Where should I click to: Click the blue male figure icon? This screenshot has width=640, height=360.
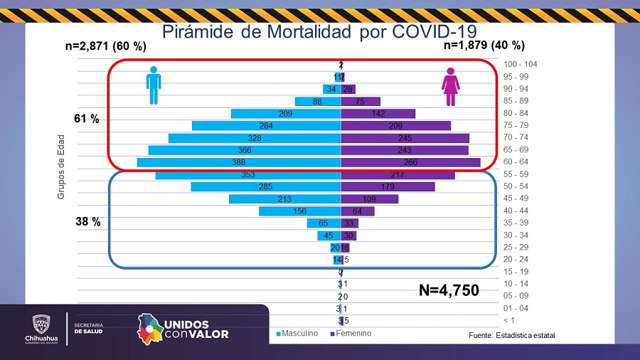154,86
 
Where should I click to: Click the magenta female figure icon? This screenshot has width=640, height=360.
450,87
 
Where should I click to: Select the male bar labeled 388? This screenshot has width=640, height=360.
239,162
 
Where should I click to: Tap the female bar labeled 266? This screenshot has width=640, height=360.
410,162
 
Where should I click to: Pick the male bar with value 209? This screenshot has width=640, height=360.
286,114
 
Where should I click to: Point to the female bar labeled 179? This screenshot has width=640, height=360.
388,186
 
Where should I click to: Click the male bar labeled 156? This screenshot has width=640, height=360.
299,211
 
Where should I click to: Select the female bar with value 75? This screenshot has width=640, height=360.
361,102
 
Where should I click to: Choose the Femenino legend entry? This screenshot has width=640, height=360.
351,333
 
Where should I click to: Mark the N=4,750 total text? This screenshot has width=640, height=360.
448,290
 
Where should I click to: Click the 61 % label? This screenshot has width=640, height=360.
87,119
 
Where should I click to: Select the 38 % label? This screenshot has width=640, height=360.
88,222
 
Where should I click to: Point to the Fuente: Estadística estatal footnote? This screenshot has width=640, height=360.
511,335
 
